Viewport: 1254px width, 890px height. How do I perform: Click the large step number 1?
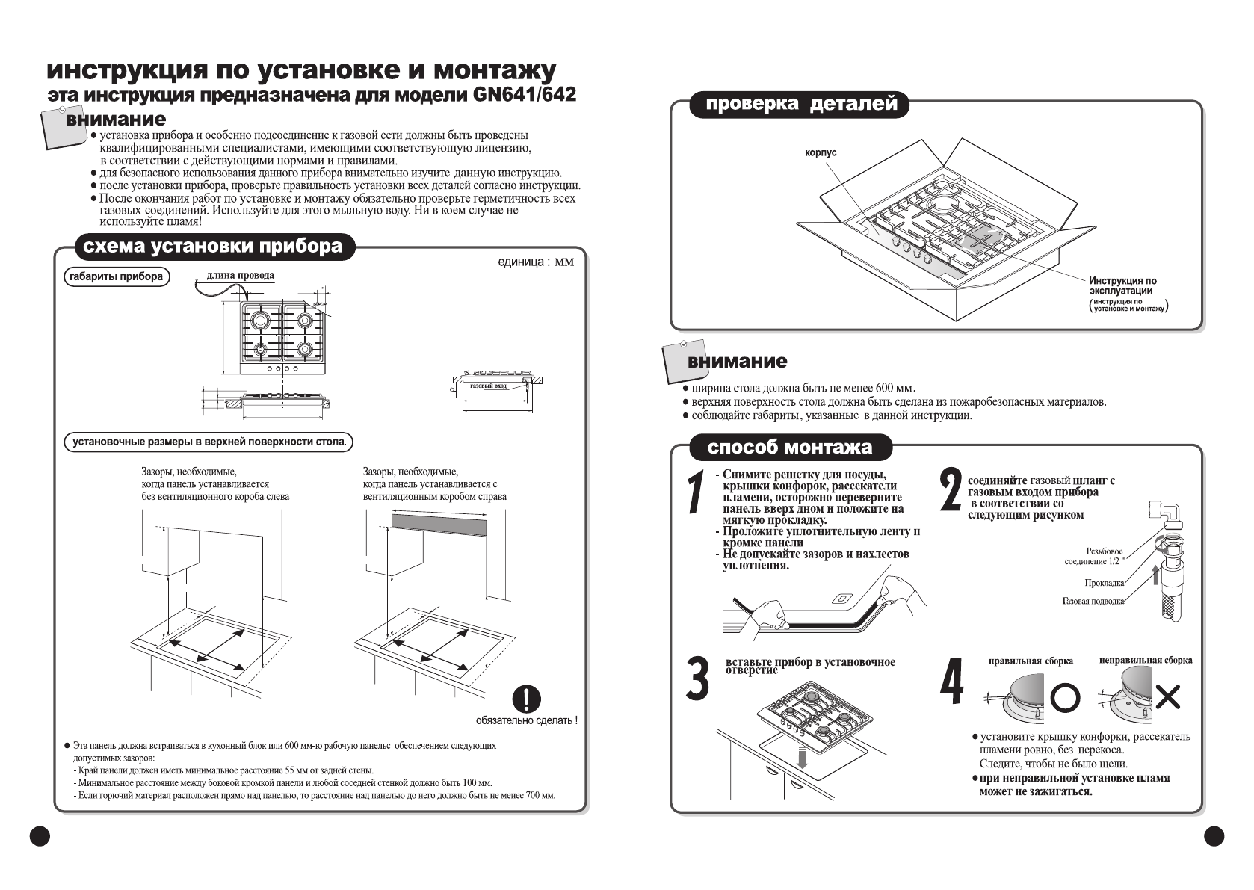(697, 492)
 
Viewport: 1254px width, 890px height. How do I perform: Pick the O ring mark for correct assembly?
(1065, 698)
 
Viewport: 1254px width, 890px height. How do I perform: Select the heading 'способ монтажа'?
(789, 448)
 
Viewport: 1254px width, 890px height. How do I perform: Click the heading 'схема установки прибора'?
(212, 247)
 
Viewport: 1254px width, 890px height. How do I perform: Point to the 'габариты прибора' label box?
(116, 277)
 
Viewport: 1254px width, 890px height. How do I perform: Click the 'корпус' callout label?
(821, 153)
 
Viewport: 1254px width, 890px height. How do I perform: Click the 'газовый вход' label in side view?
(489, 387)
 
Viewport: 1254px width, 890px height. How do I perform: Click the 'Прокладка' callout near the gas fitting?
(1104, 583)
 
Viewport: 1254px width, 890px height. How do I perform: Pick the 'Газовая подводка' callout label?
(1093, 602)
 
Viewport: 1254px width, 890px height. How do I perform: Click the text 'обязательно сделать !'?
(526, 720)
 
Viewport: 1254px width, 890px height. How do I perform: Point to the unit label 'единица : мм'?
(536, 262)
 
